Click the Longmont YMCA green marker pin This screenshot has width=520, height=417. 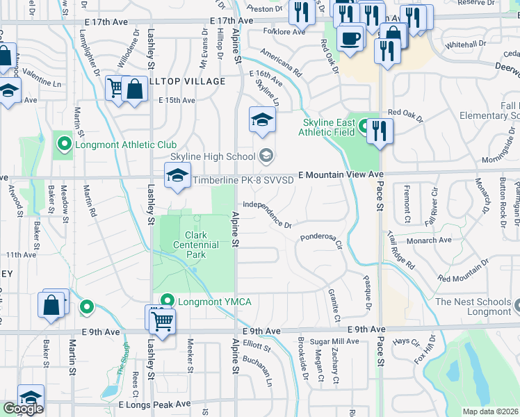[x=166, y=301]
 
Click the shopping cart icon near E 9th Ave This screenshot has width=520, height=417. [x=162, y=320]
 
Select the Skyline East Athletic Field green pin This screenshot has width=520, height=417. [x=364, y=128]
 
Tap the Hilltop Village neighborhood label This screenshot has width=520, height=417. [x=186, y=81]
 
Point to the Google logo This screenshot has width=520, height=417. [x=22, y=409]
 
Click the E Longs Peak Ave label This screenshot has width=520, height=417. [x=154, y=404]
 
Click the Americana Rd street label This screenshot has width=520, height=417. [x=281, y=63]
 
